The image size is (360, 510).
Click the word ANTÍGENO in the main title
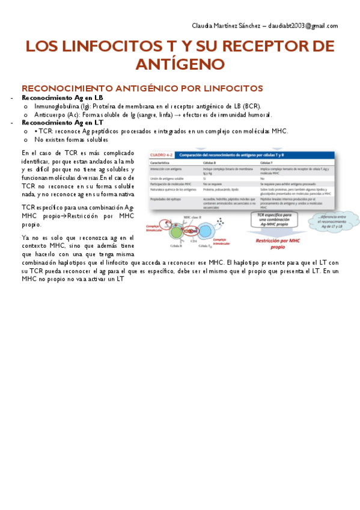(x=180, y=64)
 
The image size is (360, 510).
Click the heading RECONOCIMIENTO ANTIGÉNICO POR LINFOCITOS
(x=142, y=88)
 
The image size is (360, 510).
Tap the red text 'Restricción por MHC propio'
(x=278, y=243)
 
